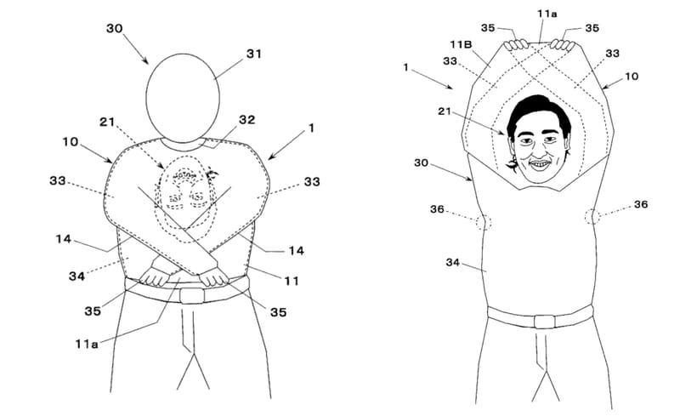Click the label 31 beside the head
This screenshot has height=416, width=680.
253,54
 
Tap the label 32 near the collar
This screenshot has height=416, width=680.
246,120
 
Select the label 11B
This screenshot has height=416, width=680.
461,45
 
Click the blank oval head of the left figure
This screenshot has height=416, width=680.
183,98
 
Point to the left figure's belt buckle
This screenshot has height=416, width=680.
192,296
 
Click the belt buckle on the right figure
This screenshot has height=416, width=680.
544,322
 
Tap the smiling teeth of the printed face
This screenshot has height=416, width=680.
540,164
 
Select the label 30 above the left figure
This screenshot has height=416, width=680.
115,29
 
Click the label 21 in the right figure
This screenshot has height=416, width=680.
445,111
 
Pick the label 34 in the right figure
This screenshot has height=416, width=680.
452,262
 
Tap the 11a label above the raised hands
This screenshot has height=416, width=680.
547,14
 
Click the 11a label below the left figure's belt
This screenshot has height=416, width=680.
87,345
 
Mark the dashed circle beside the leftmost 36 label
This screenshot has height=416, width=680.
484,222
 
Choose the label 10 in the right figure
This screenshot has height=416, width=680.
632,77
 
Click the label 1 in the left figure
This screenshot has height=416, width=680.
311,128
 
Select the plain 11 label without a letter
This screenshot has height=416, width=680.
292,282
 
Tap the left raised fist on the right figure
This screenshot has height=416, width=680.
516,45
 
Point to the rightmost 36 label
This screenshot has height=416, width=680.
641,204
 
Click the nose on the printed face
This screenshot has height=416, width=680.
537,150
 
